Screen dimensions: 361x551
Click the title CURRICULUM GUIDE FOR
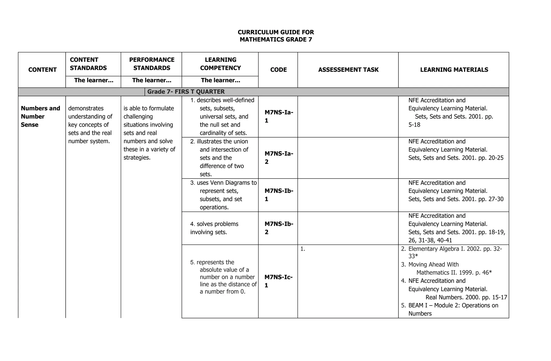[x=276, y=32]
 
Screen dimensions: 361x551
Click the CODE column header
[x=278, y=70]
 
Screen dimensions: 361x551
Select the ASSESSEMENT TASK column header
[x=348, y=70]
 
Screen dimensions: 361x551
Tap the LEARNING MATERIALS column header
[x=454, y=70]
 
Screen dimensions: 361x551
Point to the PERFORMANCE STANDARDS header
[x=152, y=64]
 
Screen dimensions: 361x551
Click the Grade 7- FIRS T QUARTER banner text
[x=186, y=92]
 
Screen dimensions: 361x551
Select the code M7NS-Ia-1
[x=278, y=116]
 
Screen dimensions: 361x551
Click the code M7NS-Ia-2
[x=278, y=158]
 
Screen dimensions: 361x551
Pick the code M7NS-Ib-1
[x=278, y=195]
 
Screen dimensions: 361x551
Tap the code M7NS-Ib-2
[x=278, y=228]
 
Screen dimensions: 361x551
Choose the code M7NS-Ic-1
[x=278, y=281]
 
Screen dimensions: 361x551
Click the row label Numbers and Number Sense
[x=40, y=116]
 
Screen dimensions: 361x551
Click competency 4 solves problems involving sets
[x=214, y=228]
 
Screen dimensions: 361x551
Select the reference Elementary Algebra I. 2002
[x=455, y=249]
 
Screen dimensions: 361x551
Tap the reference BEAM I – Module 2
[x=453, y=305]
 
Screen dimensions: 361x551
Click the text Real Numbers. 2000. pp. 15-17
[x=466, y=297]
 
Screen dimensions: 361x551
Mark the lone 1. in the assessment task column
[x=303, y=249]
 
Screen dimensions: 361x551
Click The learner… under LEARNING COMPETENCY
[x=220, y=80]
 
